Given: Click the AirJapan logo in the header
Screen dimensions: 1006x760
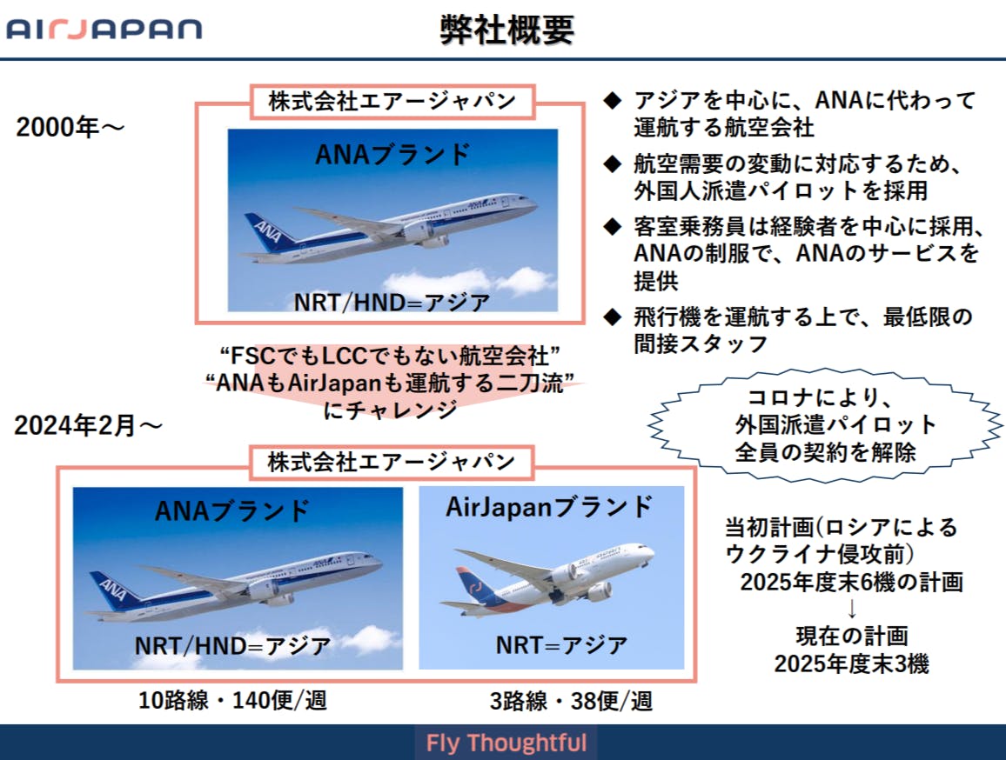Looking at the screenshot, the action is (104, 30).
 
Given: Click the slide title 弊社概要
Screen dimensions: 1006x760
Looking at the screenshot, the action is (506, 30).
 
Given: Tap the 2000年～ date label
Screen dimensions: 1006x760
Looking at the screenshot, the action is (70, 127).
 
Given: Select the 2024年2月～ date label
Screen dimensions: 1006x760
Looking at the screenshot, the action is (88, 425).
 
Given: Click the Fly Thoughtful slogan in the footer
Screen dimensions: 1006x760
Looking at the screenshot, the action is (506, 743).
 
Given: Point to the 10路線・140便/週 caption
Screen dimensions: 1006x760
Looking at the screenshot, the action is (232, 700).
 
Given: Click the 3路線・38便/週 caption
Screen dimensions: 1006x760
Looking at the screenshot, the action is (571, 700).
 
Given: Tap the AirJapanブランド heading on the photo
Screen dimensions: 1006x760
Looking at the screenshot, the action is (549, 507).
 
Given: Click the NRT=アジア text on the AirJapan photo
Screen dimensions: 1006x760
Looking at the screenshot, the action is (561, 644).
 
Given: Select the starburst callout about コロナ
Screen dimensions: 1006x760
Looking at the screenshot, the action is (825, 424).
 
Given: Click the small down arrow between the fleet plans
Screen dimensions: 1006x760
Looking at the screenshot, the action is (851, 608).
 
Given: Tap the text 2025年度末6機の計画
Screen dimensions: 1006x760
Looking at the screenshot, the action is (851, 582).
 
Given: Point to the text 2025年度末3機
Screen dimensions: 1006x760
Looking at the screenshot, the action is (851, 663).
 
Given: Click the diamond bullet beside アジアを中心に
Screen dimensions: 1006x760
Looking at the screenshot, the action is (613, 100).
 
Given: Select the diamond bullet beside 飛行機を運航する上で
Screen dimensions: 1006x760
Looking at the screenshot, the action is (613, 317).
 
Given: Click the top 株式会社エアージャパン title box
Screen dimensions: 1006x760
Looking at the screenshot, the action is (392, 102).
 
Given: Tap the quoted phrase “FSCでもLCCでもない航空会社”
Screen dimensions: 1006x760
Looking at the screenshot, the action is (390, 356).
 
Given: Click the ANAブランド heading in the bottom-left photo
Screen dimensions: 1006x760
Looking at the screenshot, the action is (233, 510).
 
